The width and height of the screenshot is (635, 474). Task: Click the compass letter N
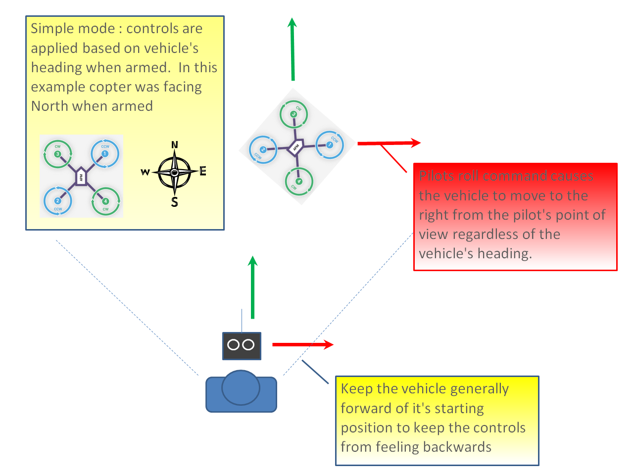[x=174, y=145]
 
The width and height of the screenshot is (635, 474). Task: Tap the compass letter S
[x=174, y=202]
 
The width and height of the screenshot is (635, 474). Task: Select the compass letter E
[x=203, y=172]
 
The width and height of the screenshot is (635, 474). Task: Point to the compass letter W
[x=145, y=172]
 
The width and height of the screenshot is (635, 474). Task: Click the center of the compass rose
[x=174, y=172]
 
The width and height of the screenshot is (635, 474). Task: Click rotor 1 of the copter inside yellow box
[x=105, y=154]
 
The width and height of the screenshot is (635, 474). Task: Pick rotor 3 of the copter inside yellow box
[x=58, y=154]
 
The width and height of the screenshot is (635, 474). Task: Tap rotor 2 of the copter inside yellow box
[x=58, y=201]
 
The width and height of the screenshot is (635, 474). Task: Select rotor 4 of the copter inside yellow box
[x=105, y=201]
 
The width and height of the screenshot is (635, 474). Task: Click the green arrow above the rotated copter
[x=293, y=49]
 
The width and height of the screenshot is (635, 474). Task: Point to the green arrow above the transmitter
[x=253, y=287]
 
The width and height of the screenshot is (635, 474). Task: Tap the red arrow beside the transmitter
[x=302, y=344]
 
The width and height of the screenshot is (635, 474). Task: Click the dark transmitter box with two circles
[x=241, y=345]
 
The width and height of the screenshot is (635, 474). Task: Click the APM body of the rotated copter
[x=295, y=147]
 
